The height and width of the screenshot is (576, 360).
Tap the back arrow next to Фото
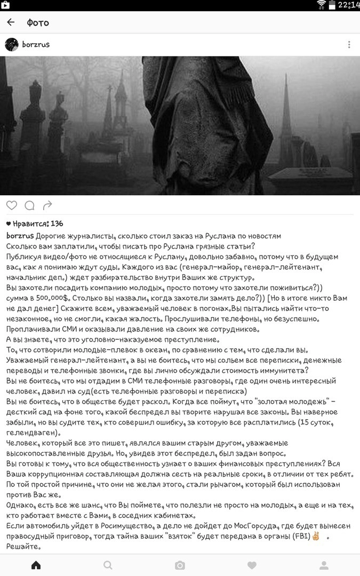coord(11,22)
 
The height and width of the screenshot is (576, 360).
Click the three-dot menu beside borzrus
coord(349,45)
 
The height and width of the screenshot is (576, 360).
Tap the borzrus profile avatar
coord(12,45)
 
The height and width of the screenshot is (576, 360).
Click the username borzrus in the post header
coord(36,45)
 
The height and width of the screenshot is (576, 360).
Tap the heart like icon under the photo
coord(12,205)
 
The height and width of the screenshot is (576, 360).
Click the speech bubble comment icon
coord(29,205)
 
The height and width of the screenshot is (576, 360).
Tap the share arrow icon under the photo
coord(47,205)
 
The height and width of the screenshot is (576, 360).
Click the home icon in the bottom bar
coord(36,565)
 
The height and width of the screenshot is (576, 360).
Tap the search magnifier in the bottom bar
coord(108,565)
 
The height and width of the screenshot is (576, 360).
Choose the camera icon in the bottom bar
coord(180,565)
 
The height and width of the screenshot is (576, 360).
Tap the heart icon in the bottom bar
coord(252,565)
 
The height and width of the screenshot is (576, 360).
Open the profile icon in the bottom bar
coord(324,565)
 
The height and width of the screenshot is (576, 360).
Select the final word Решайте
coord(25,547)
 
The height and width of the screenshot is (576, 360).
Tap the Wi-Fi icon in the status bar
coord(321,5)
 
